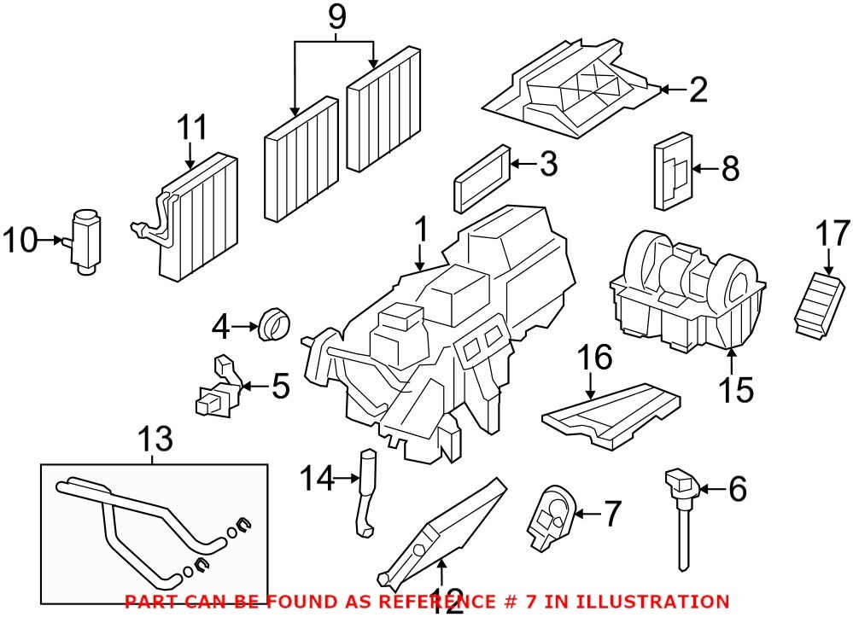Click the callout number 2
[698, 89]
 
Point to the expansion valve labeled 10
[85, 241]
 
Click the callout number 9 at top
[335, 15]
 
